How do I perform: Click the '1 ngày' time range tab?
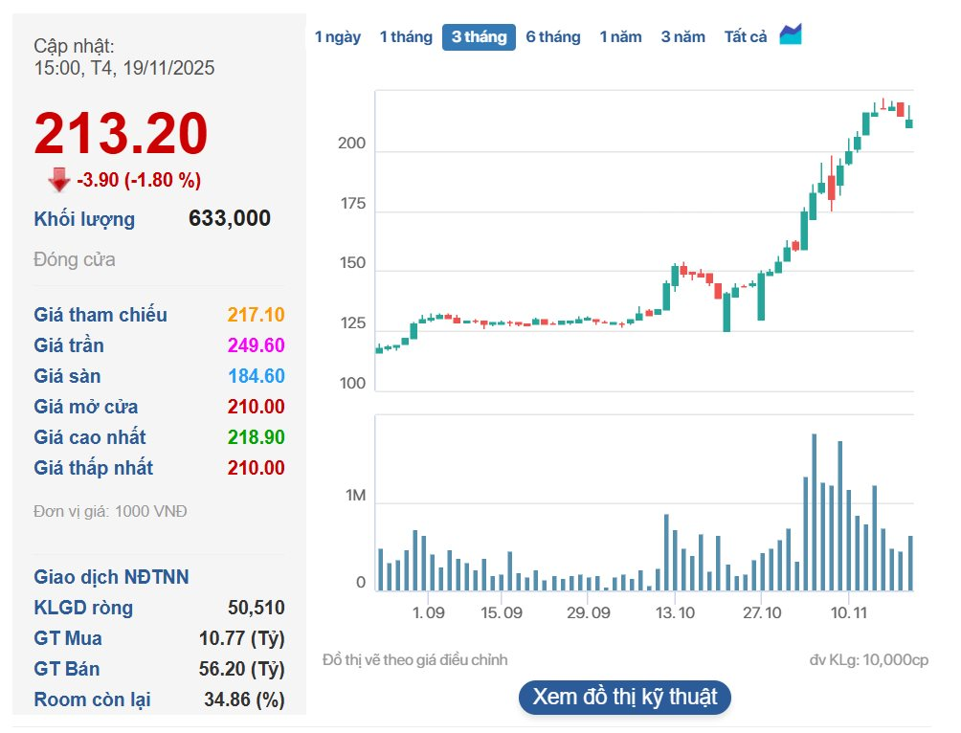click(338, 37)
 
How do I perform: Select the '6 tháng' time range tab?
click(552, 37)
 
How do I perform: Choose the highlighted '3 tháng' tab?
click(479, 37)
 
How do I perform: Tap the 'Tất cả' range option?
click(746, 37)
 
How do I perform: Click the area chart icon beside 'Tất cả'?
click(791, 35)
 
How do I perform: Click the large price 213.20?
click(121, 134)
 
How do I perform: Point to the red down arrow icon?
click(59, 180)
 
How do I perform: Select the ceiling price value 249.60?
click(256, 345)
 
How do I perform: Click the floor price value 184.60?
click(256, 376)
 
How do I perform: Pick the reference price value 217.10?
click(256, 315)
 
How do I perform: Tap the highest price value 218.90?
click(256, 437)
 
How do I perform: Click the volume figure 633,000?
click(230, 218)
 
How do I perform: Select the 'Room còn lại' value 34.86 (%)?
click(244, 700)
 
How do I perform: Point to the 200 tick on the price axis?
click(351, 144)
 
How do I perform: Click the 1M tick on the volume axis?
click(355, 496)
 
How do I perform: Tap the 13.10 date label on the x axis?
click(675, 611)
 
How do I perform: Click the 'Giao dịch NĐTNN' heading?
click(111, 577)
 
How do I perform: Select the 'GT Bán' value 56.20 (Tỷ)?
click(244, 669)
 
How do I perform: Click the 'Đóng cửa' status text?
click(75, 259)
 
